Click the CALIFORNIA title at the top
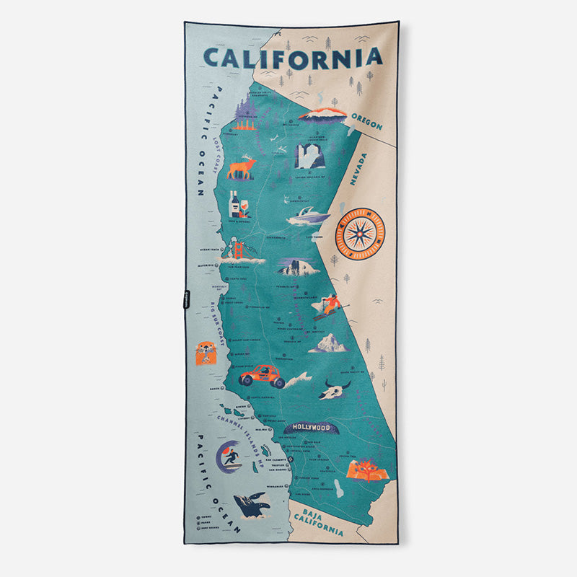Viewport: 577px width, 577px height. click(x=292, y=57)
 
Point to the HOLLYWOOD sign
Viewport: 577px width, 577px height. click(x=310, y=428)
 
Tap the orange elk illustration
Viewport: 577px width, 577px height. click(x=242, y=167)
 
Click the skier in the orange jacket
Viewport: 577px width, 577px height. click(x=329, y=306)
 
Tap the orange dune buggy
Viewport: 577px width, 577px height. click(x=262, y=375)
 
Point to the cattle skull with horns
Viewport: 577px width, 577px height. click(x=337, y=389)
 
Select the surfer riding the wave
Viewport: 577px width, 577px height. click(x=231, y=457)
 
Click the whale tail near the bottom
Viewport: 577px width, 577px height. click(x=252, y=504)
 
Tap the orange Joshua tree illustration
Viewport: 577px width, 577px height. click(x=368, y=469)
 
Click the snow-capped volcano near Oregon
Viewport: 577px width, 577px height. click(x=322, y=114)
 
